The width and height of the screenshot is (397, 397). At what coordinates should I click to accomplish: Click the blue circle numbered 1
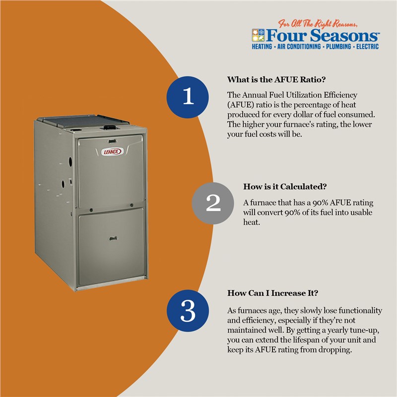pyautogui.click(x=188, y=97)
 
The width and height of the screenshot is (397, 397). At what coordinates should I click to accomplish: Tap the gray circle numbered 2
pyautogui.click(x=213, y=203)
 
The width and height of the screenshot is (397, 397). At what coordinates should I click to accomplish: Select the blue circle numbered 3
pyautogui.click(x=188, y=311)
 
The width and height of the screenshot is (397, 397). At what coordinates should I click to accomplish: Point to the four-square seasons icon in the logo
pyautogui.click(x=258, y=35)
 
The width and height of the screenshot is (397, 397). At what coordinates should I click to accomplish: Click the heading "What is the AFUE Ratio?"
pyautogui.click(x=276, y=79)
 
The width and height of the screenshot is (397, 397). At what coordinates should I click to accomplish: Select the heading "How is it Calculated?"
pyautogui.click(x=285, y=187)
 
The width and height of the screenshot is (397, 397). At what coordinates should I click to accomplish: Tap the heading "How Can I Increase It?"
pyautogui.click(x=272, y=293)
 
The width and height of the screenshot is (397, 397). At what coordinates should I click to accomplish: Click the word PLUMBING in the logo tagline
pyautogui.click(x=338, y=47)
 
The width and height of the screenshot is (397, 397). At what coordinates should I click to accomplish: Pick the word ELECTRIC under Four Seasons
pyautogui.click(x=367, y=47)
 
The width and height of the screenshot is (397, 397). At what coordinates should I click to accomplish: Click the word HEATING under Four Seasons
pyautogui.click(x=262, y=47)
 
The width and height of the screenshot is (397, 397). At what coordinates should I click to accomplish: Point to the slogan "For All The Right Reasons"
pyautogui.click(x=318, y=23)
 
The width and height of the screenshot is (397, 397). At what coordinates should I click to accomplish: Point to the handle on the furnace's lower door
pyautogui.click(x=113, y=238)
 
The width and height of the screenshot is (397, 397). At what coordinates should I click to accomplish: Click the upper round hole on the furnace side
pyautogui.click(x=70, y=161)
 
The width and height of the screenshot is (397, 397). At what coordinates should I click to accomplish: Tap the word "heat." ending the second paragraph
pyautogui.click(x=252, y=222)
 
